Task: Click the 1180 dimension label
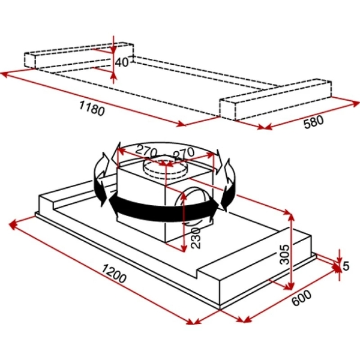pyautogui.click(x=91, y=109)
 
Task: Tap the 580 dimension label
pyautogui.click(x=313, y=121)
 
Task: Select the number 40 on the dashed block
pyautogui.click(x=122, y=62)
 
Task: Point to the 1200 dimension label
pyautogui.click(x=113, y=277)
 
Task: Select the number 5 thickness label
pyautogui.click(x=346, y=265)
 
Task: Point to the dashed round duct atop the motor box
pyautogui.click(x=166, y=170)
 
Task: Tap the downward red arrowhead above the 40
pyautogui.click(x=114, y=47)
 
